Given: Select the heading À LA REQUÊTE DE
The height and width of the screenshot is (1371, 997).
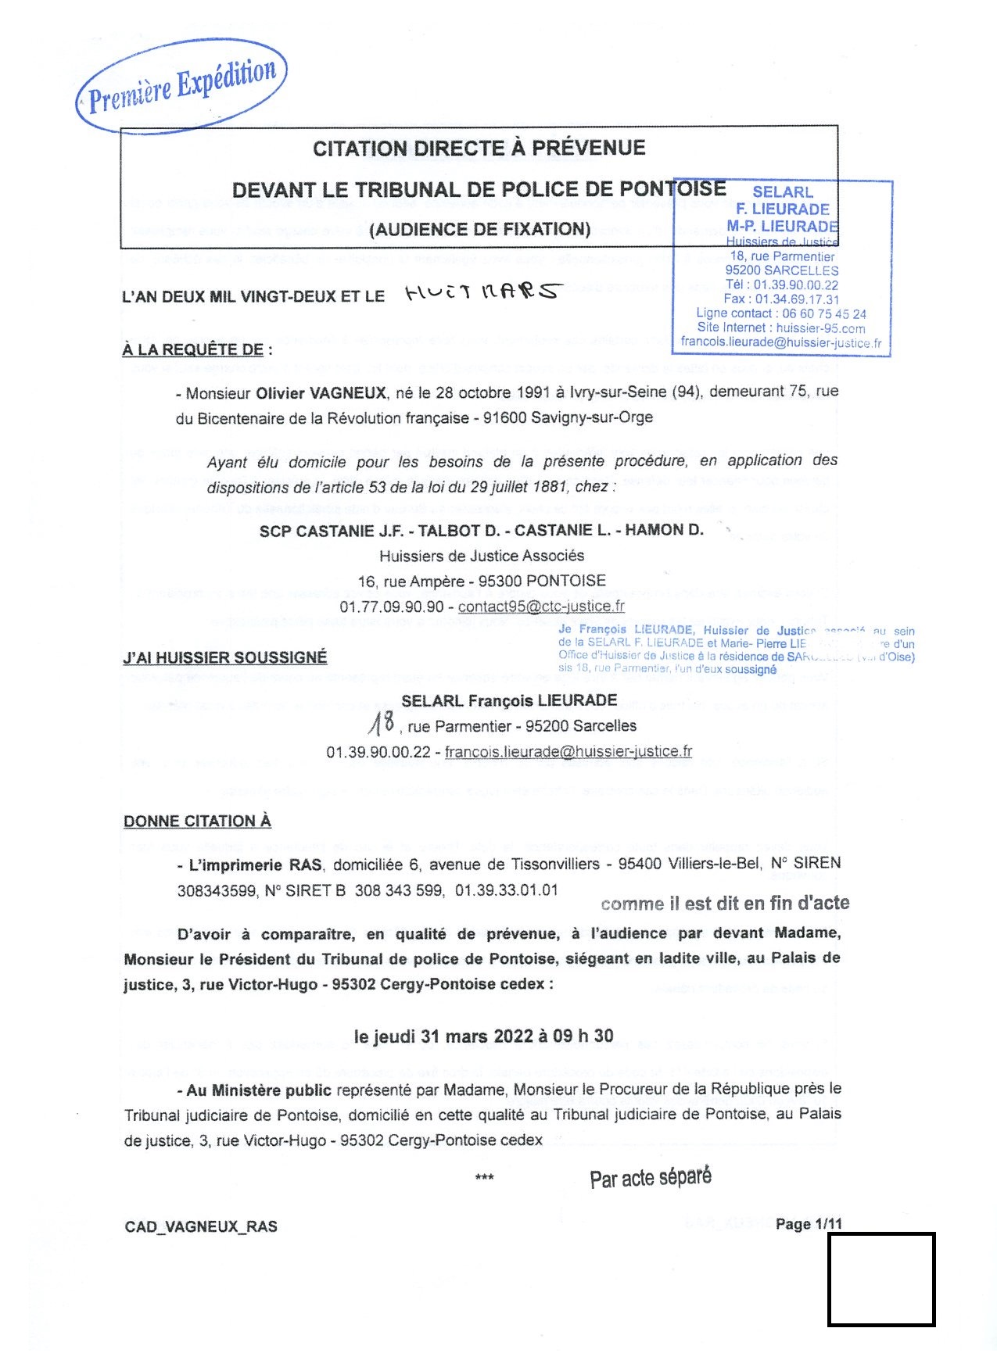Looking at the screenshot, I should click(192, 349).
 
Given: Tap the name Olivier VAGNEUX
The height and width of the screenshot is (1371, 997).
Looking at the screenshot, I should click(321, 392).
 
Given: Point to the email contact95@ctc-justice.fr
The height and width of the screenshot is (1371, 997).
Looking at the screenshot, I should click(541, 606).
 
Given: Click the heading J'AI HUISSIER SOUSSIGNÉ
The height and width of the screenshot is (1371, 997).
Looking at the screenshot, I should click(225, 657).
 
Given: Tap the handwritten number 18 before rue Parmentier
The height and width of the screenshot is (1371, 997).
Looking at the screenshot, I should click(382, 725).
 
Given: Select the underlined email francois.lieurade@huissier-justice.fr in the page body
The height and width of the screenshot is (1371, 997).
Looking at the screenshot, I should click(568, 751).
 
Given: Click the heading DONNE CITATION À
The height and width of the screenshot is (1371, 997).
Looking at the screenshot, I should click(197, 821).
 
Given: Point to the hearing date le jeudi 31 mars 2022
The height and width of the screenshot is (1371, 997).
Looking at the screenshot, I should click(443, 1036).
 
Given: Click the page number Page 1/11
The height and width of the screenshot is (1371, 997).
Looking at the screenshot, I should click(809, 1224).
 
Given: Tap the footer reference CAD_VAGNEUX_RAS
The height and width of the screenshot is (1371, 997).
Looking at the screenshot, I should click(201, 1226).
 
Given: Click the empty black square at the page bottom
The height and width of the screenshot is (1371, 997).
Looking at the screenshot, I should click(881, 1280).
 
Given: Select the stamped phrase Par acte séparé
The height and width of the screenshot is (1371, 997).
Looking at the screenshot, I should click(651, 1178).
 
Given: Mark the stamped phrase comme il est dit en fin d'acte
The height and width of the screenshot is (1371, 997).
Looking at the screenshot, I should click(725, 904).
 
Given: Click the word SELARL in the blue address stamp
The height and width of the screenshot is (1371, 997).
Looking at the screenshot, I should click(782, 192).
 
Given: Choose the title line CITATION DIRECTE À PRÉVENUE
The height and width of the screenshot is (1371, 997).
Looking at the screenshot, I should click(479, 149).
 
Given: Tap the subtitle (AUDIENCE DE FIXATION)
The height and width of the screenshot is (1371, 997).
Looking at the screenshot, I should click(479, 230).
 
